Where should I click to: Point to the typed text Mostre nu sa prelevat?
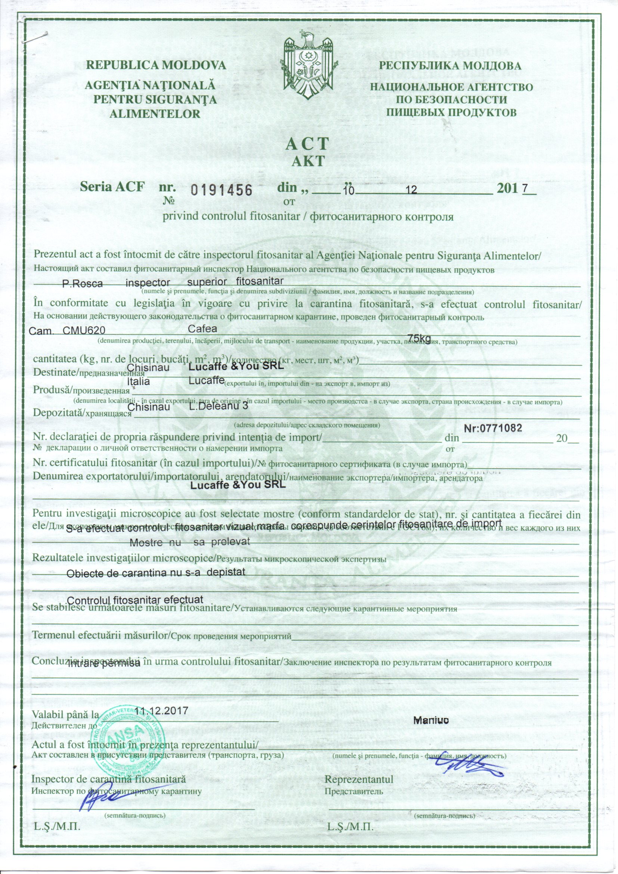pos(189,543)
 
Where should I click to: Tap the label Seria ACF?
pos(112,187)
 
